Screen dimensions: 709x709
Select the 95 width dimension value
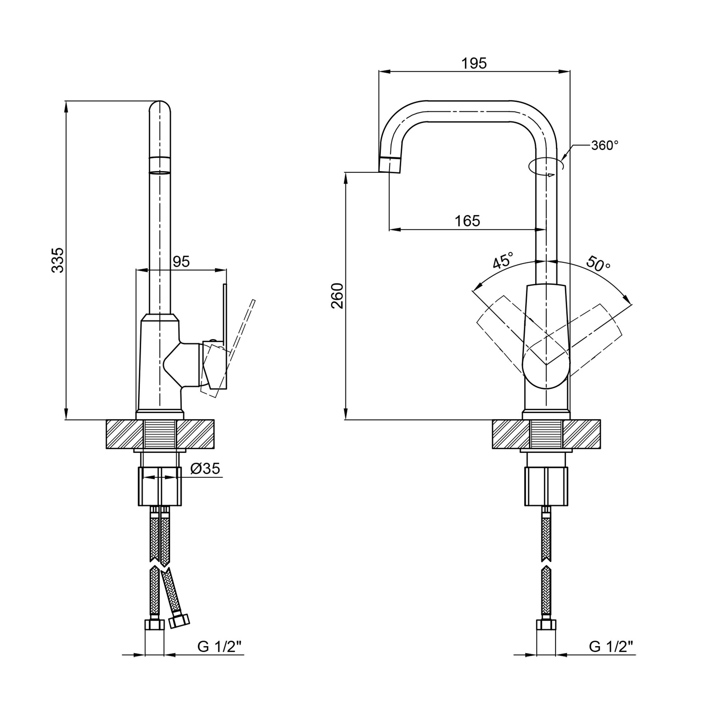coord(181,262)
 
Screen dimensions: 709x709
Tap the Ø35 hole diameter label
coord(206,468)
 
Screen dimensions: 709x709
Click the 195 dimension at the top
coord(474,63)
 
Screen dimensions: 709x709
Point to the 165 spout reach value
coord(467,221)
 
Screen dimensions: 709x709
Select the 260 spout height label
coord(337,296)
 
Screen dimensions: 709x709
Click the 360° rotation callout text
coord(605,146)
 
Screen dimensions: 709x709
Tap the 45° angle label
coord(502,261)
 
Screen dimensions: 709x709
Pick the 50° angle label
coord(598,263)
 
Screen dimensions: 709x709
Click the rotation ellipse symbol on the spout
coord(546,166)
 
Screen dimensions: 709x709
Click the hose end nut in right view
coord(546,625)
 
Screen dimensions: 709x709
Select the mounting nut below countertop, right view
coord(546,486)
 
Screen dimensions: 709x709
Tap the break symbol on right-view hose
coord(546,564)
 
